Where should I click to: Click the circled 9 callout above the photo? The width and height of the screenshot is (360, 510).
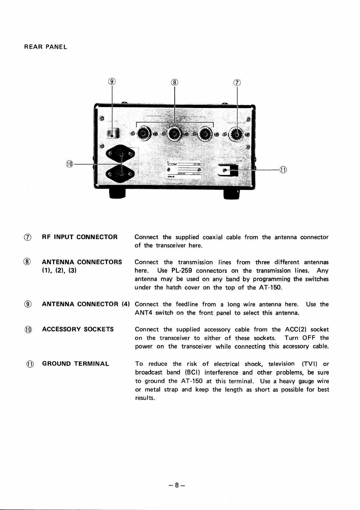[x=112, y=81]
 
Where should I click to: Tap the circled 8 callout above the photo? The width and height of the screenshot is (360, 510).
[x=174, y=82]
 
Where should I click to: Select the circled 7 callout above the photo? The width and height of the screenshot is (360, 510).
[x=237, y=82]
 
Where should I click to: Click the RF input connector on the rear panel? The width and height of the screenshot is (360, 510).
[x=237, y=133]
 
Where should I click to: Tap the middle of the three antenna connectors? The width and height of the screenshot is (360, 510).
[x=174, y=133]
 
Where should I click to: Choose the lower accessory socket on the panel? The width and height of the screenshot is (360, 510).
[x=121, y=174]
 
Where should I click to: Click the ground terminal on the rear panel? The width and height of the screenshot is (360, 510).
[x=228, y=170]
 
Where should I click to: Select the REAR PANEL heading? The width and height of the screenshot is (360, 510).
[x=45, y=47]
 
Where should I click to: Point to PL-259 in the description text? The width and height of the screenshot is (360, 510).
[x=182, y=271]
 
